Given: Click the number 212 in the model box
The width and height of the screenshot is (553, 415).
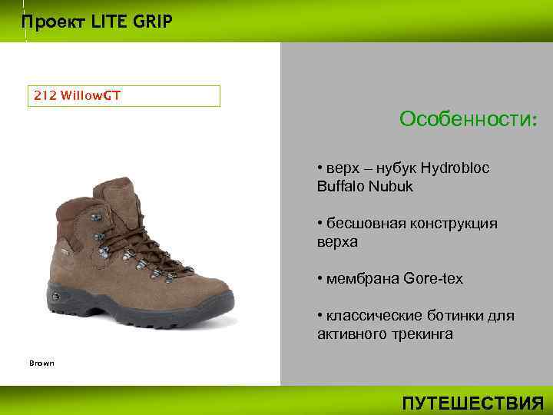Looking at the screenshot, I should [45, 96].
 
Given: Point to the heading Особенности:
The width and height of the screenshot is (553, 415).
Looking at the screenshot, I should [469, 120].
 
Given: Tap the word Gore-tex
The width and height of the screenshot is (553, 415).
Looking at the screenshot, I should [433, 279].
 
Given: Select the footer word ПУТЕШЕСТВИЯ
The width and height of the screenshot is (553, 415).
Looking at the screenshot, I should [473, 403].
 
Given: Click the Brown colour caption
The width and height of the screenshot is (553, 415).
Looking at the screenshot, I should [41, 363].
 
